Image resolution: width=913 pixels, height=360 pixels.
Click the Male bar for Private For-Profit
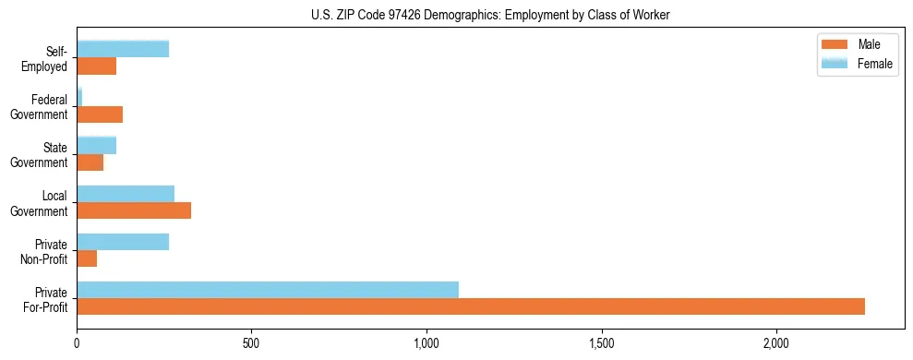(x=471, y=306)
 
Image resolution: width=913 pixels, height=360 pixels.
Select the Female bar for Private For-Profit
(x=268, y=289)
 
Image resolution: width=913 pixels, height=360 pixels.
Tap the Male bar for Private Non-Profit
(x=87, y=258)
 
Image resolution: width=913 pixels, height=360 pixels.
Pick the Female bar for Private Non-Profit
(x=123, y=241)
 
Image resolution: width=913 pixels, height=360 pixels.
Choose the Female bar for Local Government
(x=126, y=193)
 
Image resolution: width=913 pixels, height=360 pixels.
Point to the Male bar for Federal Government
(x=100, y=114)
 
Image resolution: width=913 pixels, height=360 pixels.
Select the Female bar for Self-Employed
(x=123, y=49)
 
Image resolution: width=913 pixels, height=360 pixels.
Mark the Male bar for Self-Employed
(x=97, y=66)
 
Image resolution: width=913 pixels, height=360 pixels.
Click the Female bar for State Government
(x=97, y=145)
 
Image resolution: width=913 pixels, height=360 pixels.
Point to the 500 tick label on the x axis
(x=252, y=343)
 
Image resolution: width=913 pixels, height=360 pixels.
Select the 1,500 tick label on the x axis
(x=602, y=343)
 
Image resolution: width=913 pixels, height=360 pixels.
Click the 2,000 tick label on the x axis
(x=776, y=343)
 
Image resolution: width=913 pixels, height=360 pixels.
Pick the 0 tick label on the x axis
(x=78, y=343)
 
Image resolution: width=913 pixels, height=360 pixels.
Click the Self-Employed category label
(x=47, y=58)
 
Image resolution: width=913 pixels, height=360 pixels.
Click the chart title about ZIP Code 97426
(x=491, y=14)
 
